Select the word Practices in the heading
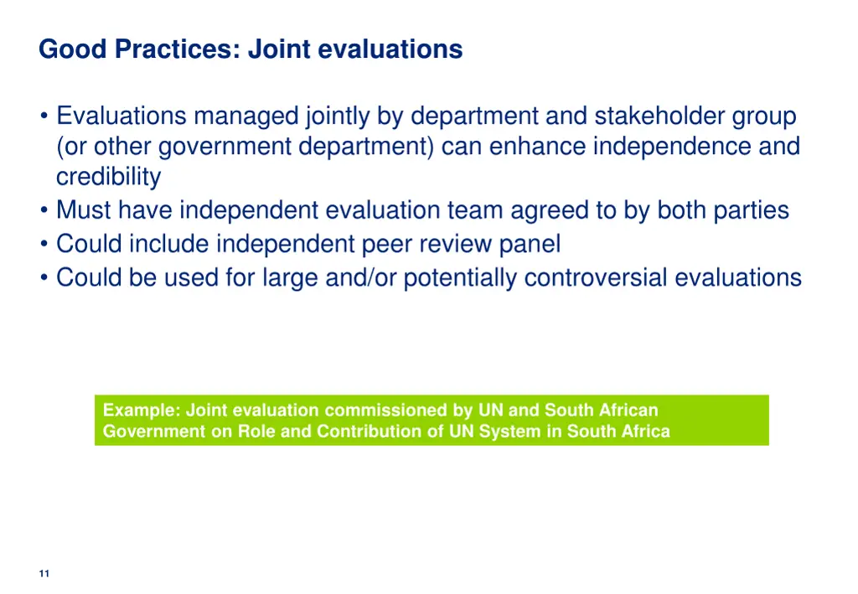(178, 49)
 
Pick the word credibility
(108, 178)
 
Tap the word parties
(751, 210)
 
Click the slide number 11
(44, 573)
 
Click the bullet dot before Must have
(44, 211)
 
